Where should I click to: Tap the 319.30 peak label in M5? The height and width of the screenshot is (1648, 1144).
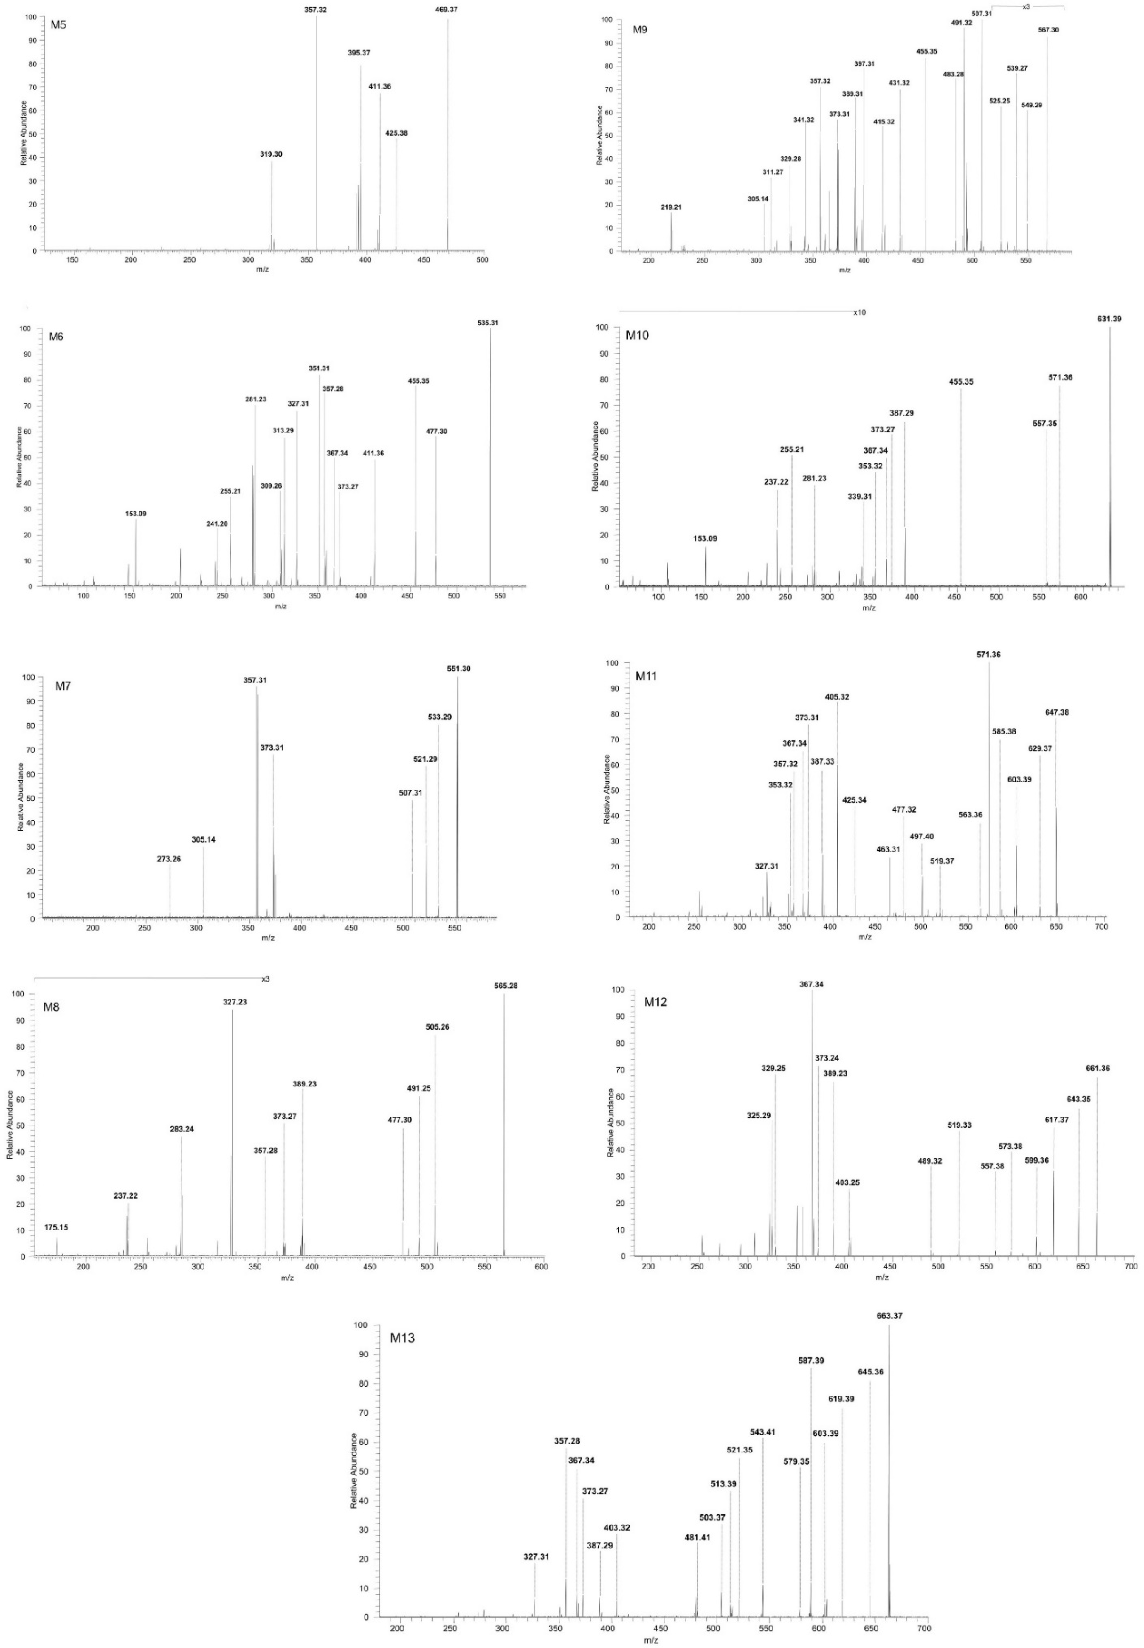271,154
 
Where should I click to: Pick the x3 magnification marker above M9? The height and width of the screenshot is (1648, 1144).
1027,7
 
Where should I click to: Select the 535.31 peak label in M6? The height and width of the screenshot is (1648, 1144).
487,323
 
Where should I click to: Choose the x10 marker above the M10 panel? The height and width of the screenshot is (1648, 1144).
859,313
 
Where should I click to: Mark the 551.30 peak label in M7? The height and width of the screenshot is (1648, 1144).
459,669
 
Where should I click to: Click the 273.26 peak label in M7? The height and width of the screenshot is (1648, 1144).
169,859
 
